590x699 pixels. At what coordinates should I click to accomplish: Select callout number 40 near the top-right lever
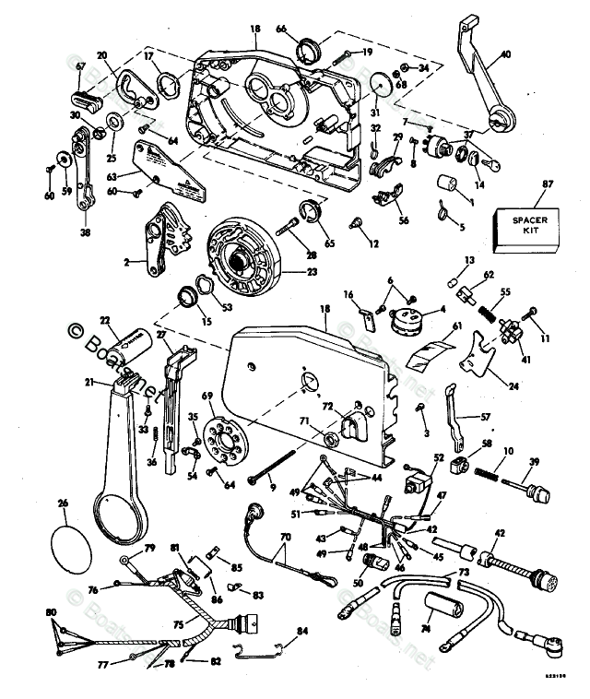(x=505, y=53)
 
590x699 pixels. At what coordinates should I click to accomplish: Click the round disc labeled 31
(x=379, y=88)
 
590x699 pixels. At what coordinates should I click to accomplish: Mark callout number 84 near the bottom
(x=302, y=632)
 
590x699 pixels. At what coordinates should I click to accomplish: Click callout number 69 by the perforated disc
(x=206, y=396)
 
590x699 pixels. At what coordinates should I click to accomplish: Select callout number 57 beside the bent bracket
(x=486, y=417)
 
